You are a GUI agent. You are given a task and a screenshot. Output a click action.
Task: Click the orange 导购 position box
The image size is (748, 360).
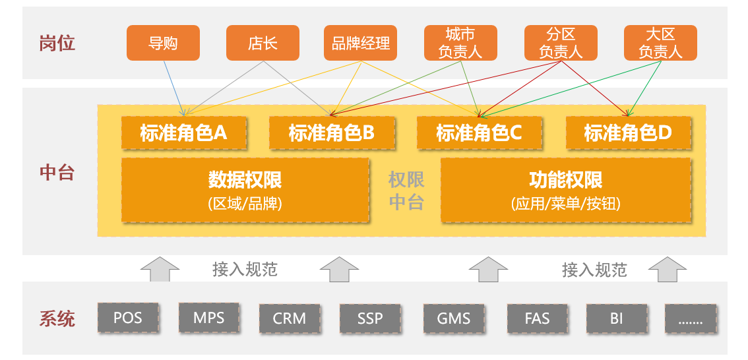click(x=163, y=43)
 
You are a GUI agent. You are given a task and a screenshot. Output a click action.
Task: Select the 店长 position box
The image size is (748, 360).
click(x=263, y=43)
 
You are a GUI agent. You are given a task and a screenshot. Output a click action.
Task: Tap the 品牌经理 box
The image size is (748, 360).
click(x=360, y=43)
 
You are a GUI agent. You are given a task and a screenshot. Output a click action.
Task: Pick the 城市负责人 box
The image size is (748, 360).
click(x=461, y=43)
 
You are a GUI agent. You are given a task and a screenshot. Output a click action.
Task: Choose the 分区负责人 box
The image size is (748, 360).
click(x=561, y=43)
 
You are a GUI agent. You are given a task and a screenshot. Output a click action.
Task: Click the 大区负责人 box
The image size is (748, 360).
click(x=661, y=43)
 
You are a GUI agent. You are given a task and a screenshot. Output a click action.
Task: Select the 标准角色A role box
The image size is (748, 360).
click(x=183, y=133)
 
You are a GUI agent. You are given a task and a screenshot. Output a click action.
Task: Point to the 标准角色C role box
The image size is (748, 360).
click(x=480, y=133)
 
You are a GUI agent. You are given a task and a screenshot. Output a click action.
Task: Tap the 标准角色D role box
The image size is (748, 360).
click(x=628, y=133)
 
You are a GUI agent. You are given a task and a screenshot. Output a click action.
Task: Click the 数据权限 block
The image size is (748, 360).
click(x=245, y=191)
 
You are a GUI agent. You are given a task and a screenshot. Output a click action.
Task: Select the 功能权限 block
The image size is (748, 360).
click(x=566, y=191)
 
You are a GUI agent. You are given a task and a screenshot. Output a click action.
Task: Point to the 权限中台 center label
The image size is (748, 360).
click(x=406, y=191)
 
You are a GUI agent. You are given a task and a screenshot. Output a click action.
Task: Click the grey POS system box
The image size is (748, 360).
click(x=128, y=318)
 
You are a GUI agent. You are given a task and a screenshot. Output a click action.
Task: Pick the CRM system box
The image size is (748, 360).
click(x=290, y=318)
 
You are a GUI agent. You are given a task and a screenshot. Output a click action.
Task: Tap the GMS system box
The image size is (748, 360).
click(x=453, y=318)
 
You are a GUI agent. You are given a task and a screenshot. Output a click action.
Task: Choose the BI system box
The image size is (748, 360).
click(x=617, y=318)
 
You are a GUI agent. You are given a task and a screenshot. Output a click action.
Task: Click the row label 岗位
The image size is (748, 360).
click(x=57, y=44)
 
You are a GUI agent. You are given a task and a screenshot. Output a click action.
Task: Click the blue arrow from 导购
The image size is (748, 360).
click(x=174, y=88)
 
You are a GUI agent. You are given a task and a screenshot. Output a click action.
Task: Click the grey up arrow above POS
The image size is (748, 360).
click(x=160, y=270)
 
